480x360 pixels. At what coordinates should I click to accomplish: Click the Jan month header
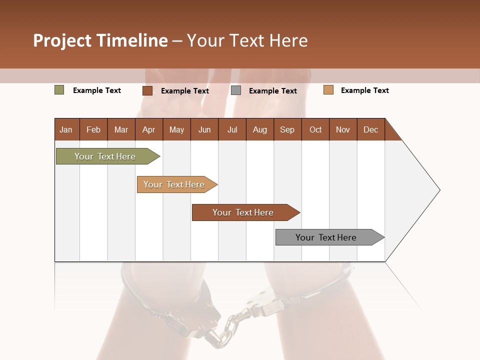point(66,129)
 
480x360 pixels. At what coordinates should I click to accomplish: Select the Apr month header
point(148,129)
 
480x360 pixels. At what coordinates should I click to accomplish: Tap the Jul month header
point(232,129)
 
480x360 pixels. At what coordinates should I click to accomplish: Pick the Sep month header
point(287,129)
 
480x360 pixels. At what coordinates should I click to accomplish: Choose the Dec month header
point(370,129)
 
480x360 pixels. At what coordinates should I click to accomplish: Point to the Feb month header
point(93,129)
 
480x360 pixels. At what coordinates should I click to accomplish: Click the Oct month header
point(315,129)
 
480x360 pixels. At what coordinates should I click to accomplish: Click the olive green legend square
point(59,90)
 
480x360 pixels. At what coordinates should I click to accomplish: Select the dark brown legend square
point(147,90)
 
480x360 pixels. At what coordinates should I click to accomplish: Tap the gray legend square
point(236,90)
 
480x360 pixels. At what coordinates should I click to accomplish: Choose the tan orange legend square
point(328,90)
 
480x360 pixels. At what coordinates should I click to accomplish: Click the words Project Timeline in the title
point(100,40)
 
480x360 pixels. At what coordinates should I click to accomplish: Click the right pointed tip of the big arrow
point(438,190)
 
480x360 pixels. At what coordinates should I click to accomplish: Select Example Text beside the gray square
point(272,90)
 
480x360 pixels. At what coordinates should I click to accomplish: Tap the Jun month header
point(204,129)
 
